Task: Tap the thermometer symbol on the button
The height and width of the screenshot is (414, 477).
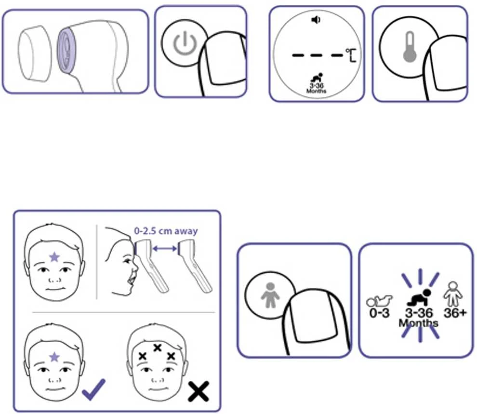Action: point(410,47)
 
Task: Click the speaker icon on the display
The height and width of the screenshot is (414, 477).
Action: point(316,20)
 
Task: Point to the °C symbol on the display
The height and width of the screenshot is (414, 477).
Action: point(351,55)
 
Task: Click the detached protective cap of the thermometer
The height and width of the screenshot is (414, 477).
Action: point(34,53)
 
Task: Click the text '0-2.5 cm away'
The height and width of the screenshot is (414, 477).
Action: point(166,231)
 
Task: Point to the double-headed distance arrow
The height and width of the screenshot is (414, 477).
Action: point(164,249)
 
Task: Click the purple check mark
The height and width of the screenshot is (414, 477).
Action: point(93,389)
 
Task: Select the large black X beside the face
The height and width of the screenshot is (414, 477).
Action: point(199,391)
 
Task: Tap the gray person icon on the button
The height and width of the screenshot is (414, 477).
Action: point(270,295)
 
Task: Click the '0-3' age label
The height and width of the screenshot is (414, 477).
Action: point(379,313)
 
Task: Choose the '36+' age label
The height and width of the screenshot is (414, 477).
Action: point(455,313)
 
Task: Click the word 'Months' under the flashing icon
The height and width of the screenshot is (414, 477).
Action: point(419,323)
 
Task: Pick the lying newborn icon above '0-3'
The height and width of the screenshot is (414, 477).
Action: point(379,301)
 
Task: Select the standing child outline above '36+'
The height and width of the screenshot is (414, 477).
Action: point(452,294)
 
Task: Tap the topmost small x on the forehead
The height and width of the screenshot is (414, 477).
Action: point(157,347)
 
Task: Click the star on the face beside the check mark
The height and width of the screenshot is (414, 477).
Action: point(54,357)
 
